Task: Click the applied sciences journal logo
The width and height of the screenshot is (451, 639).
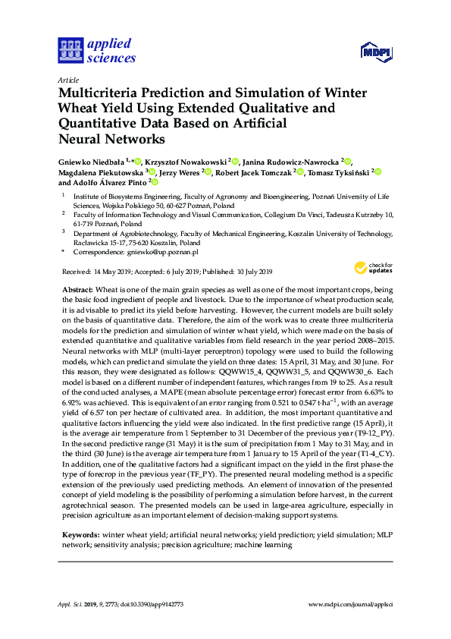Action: (96, 50)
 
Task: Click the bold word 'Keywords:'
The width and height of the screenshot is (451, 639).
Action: (80, 536)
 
